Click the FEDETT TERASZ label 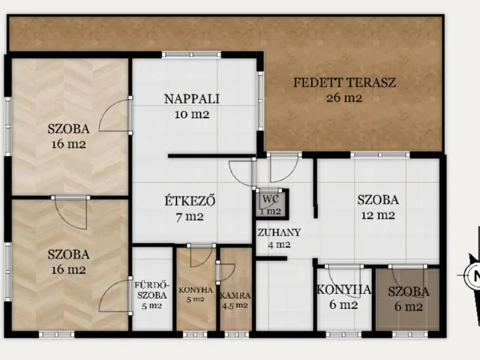pyautogui.click(x=345, y=82)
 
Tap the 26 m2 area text pyautogui.click(x=344, y=98)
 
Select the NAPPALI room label pyautogui.click(x=192, y=99)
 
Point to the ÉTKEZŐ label pyautogui.click(x=190, y=201)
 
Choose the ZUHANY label pyautogui.click(x=279, y=232)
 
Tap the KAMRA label pyautogui.click(x=235, y=295)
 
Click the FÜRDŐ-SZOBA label pyautogui.click(x=151, y=290)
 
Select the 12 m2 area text pyautogui.click(x=378, y=215)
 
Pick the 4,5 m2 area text pyautogui.click(x=235, y=305)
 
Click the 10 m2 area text pyautogui.click(x=192, y=115)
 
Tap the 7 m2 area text pyautogui.click(x=190, y=217)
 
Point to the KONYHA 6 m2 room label pyautogui.click(x=343, y=297)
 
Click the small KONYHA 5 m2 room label pyautogui.click(x=196, y=294)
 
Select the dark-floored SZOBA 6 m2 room pyautogui.click(x=408, y=299)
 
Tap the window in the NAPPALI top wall pyautogui.click(x=191, y=55)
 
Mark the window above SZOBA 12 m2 pyautogui.click(x=380, y=155)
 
